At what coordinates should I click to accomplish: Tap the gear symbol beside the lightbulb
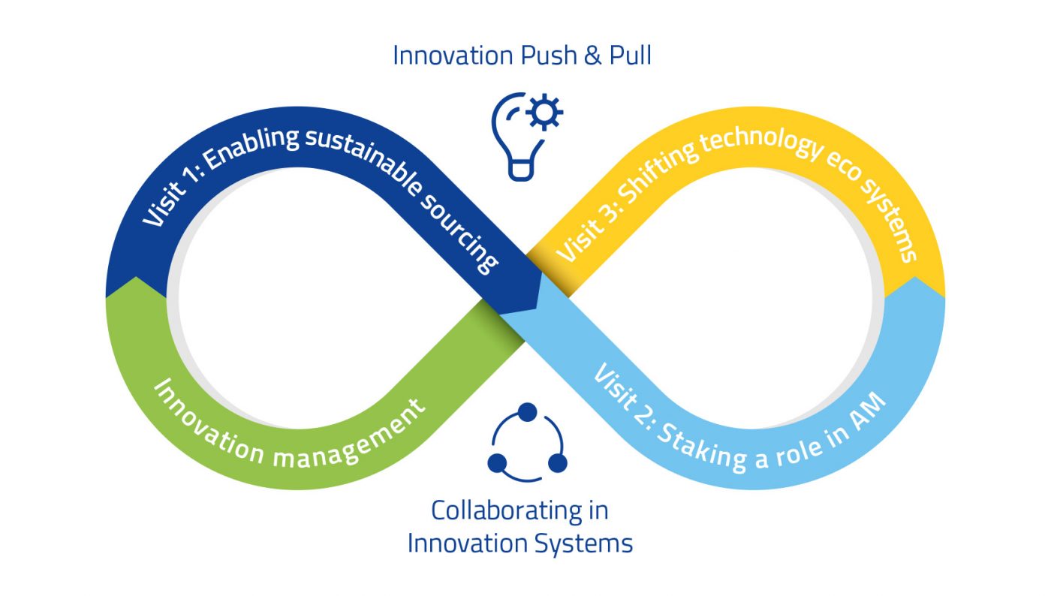544,112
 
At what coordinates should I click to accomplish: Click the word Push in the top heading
549,56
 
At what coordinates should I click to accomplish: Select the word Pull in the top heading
630,56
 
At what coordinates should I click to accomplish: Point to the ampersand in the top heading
593,56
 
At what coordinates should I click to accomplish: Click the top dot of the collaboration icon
527,412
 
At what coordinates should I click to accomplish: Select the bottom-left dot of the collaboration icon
497,463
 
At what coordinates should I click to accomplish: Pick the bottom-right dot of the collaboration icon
557,463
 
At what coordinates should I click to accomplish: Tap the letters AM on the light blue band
868,411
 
